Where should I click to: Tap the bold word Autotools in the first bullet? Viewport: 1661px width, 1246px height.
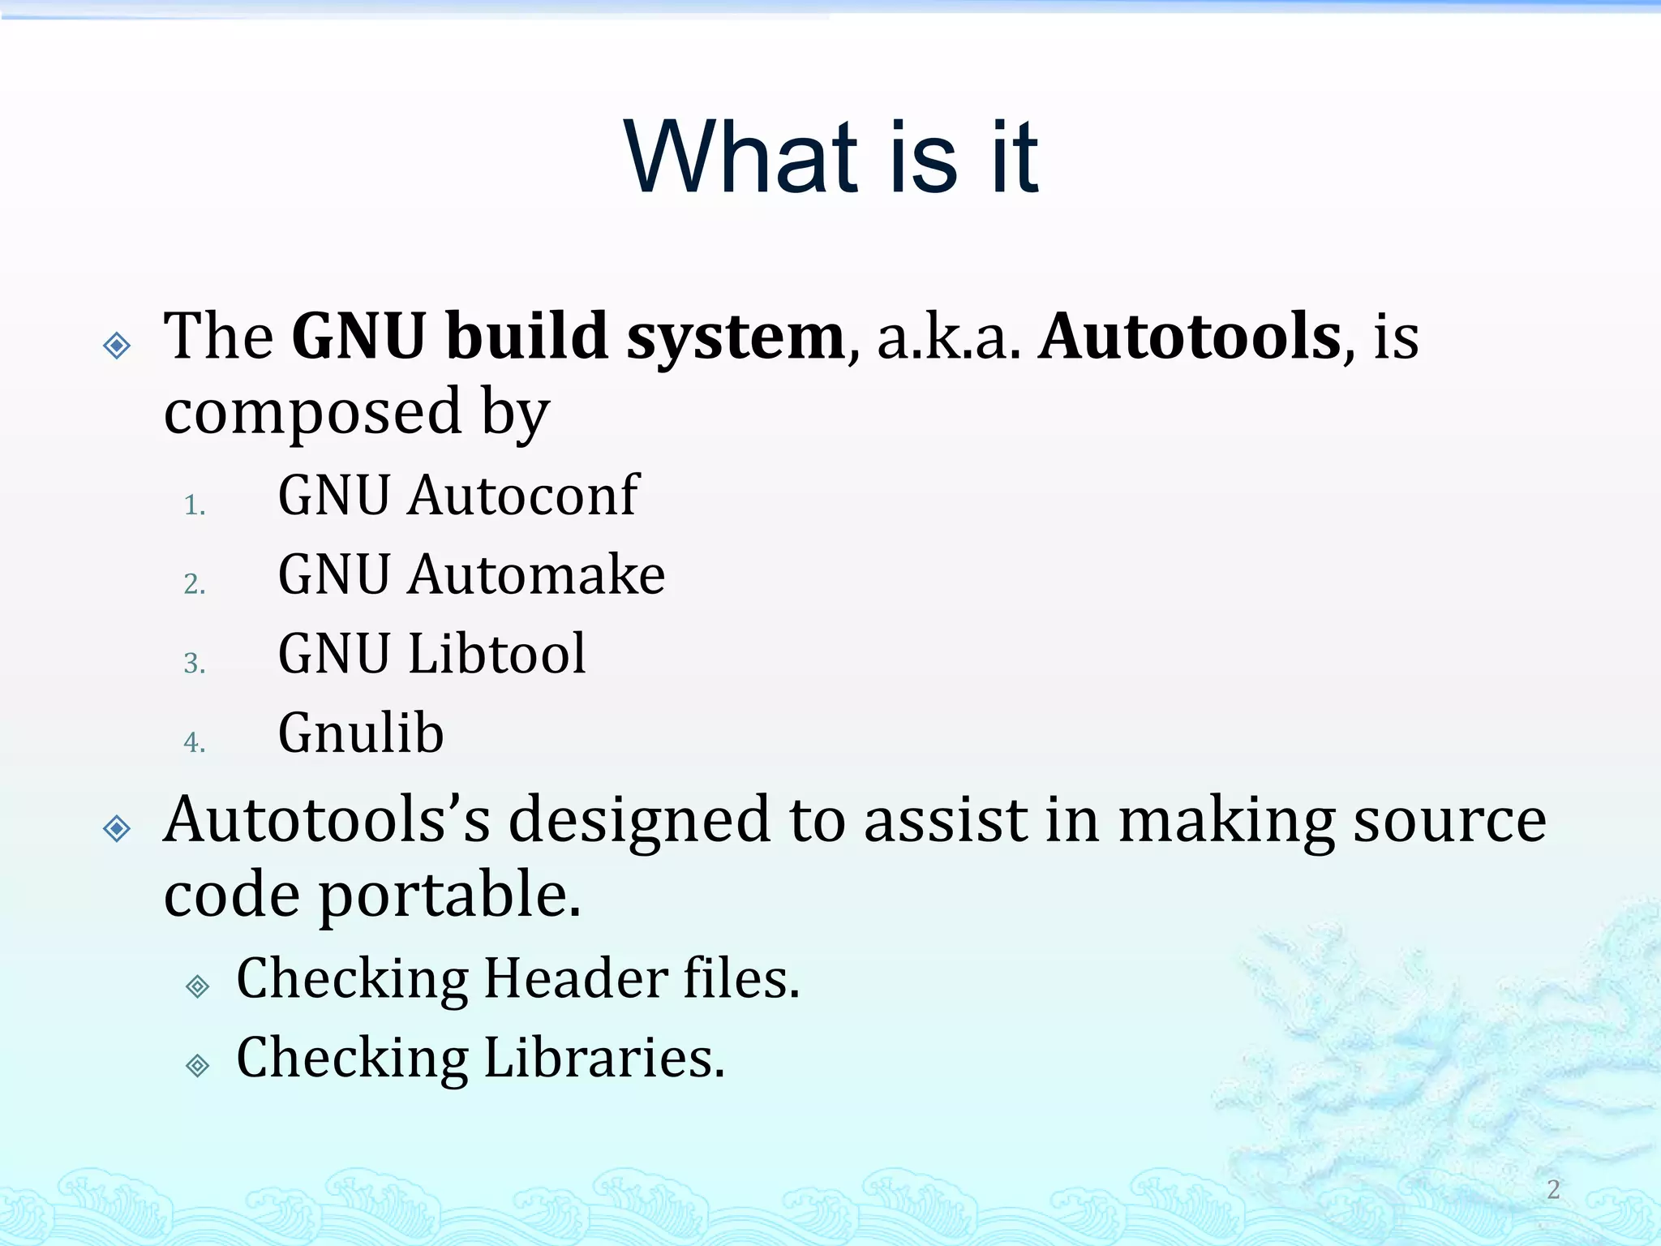coord(1190,337)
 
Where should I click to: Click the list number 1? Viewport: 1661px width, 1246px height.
coord(194,505)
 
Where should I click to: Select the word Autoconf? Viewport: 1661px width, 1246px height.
coord(523,495)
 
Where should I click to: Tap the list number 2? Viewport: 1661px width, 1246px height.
coord(194,584)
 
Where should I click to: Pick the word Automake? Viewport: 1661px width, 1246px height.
coord(536,574)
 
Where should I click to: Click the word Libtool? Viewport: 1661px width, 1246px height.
coord(496,653)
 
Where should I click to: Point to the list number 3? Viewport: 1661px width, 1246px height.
coord(194,664)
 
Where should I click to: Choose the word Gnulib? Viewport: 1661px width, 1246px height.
coord(361,733)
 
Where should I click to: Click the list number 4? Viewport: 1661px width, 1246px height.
coord(194,742)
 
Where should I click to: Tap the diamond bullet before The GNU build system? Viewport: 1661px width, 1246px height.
coord(118,346)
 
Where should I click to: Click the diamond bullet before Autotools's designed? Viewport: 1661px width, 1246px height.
coord(118,828)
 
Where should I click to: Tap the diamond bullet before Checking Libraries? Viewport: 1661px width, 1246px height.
coord(198,1065)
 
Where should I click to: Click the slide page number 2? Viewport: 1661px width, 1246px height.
coord(1553,1189)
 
